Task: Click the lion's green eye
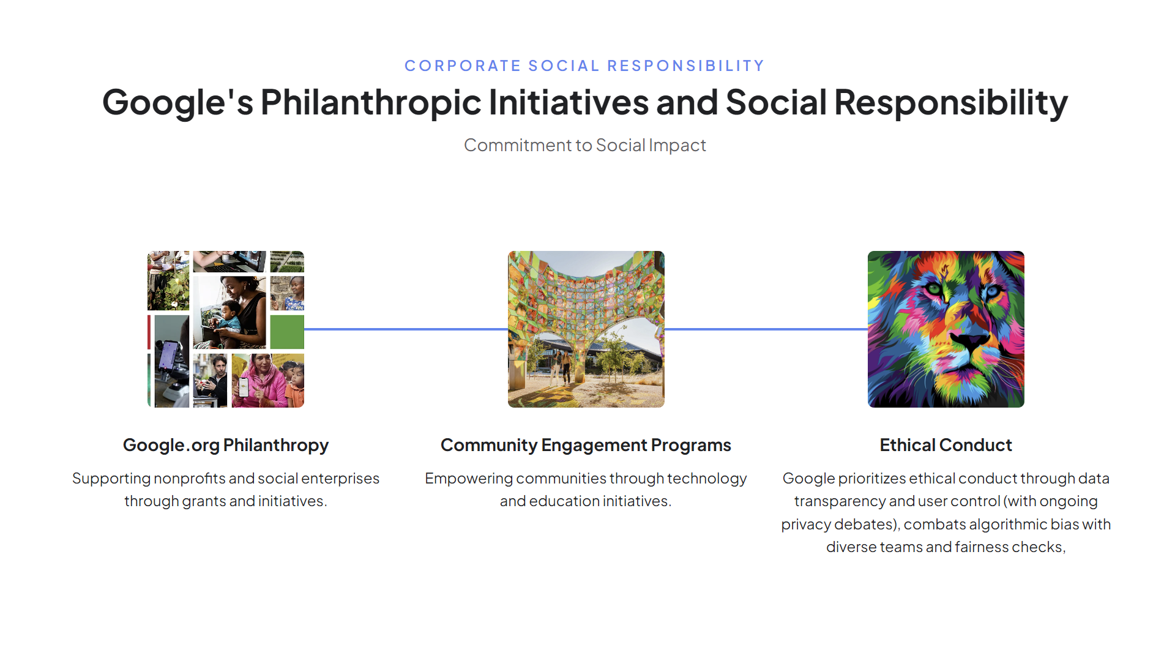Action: (x=933, y=288)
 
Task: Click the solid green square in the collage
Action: (x=287, y=332)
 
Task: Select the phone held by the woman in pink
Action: (x=244, y=386)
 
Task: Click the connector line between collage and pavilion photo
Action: (x=406, y=329)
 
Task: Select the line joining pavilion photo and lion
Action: (x=766, y=329)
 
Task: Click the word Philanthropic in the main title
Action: (x=371, y=102)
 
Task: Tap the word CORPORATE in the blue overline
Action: (x=463, y=65)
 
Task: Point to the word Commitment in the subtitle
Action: (x=518, y=145)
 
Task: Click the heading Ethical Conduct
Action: (x=946, y=445)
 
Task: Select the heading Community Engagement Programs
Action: (x=586, y=445)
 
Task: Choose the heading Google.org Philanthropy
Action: (x=226, y=445)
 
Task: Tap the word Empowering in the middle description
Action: (x=469, y=478)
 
